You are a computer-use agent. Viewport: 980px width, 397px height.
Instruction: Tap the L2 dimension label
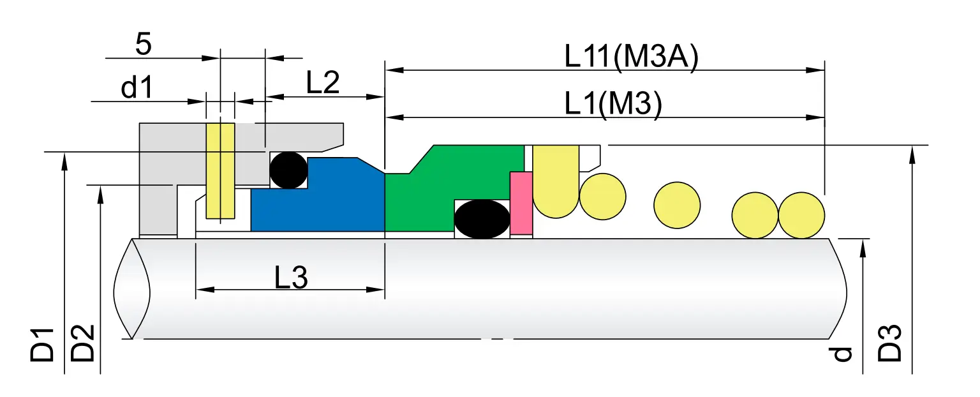(323, 83)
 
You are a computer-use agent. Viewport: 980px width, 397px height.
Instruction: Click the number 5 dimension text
(144, 45)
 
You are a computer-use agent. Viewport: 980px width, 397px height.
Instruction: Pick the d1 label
(137, 88)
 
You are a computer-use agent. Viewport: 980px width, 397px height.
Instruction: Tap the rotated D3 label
(891, 344)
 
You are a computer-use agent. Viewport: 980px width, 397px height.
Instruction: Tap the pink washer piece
(521, 203)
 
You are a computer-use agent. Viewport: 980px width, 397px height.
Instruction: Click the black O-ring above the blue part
(288, 170)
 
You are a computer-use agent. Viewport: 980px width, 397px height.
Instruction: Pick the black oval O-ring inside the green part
(482, 219)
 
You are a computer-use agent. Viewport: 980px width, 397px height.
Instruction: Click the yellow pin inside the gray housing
(220, 170)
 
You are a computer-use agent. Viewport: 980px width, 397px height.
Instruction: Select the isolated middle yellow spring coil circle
(677, 205)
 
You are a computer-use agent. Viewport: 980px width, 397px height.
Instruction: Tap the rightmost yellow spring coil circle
(801, 215)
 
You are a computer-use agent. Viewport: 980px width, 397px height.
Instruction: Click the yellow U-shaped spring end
(556, 182)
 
